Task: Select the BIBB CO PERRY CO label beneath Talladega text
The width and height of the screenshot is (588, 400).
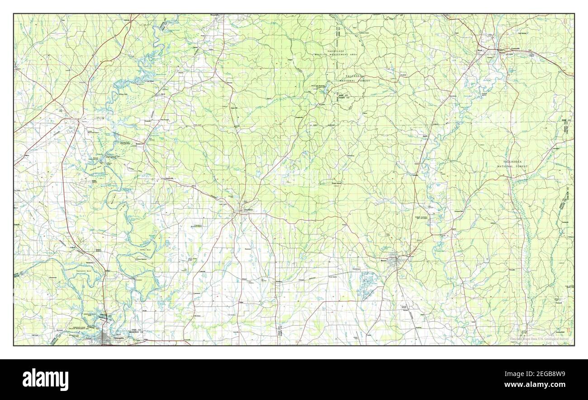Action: pyautogui.click(x=343, y=96)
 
